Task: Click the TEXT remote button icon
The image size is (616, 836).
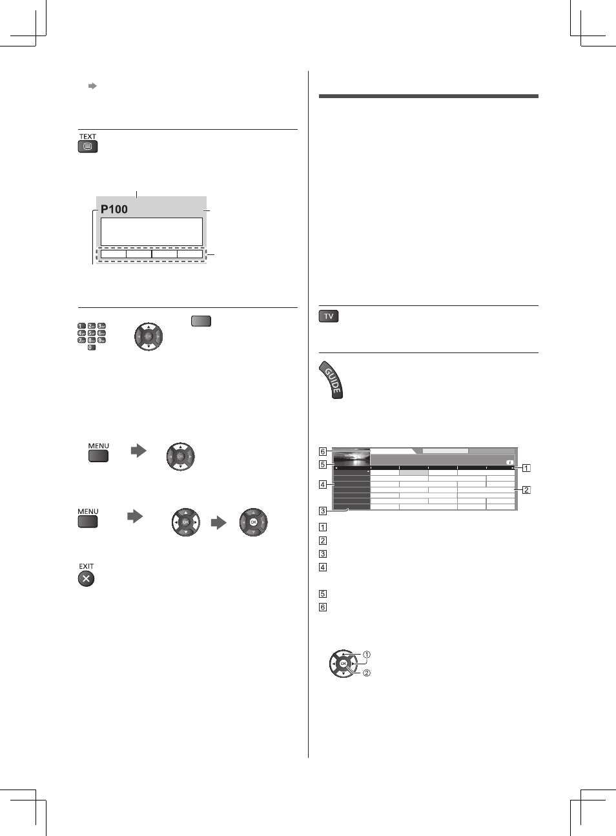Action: [x=88, y=147]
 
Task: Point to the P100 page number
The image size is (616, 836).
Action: [x=114, y=209]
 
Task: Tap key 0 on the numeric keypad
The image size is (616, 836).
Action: [x=92, y=347]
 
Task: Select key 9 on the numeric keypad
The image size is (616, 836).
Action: [x=101, y=340]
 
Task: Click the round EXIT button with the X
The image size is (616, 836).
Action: [x=87, y=579]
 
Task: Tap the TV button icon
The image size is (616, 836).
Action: [x=329, y=316]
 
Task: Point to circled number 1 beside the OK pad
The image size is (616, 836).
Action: [x=367, y=655]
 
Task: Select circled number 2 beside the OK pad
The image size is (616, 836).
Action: [x=367, y=673]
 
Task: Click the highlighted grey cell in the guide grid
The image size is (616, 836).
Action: [x=414, y=473]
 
